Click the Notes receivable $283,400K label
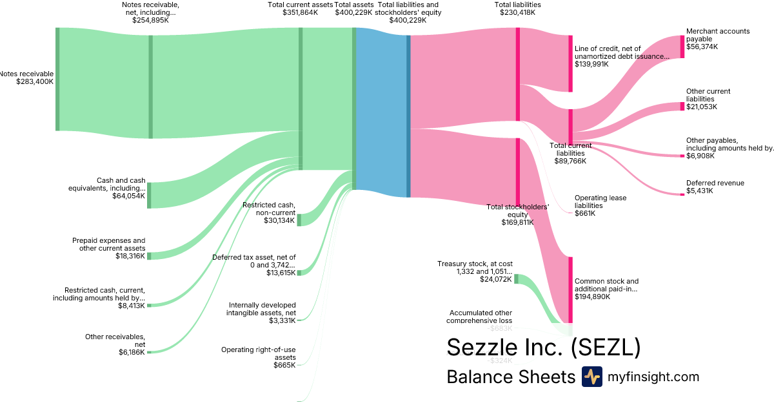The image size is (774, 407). click(x=27, y=78)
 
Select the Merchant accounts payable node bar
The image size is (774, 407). click(x=682, y=47)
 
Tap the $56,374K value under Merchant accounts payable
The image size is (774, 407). click(x=702, y=47)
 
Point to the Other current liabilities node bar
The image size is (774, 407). click(x=682, y=106)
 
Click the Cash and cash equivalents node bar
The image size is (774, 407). click(x=149, y=195)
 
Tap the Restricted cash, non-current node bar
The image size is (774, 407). click(x=299, y=220)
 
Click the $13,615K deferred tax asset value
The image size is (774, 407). click(x=281, y=273)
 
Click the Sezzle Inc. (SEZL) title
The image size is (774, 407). click(x=543, y=347)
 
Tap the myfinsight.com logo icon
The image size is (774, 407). click(x=591, y=377)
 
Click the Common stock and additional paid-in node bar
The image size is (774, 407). click(x=570, y=289)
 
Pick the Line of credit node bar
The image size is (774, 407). click(x=570, y=63)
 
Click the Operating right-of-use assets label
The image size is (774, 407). click(x=258, y=353)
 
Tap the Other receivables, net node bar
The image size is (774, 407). click(x=149, y=352)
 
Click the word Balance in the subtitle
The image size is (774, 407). click(x=478, y=377)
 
